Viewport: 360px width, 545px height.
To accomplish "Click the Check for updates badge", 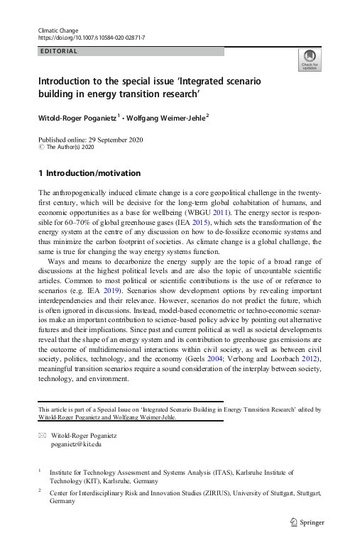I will tap(310, 60).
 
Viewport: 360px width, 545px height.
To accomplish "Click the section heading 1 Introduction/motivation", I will tap(89, 173).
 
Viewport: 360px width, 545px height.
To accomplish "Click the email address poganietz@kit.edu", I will tap(76, 444).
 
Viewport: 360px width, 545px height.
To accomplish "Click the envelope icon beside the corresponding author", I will tap(41, 435).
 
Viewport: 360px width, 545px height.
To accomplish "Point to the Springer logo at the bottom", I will tap(308, 522).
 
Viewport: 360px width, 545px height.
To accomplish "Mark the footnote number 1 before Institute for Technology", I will tap(40, 470).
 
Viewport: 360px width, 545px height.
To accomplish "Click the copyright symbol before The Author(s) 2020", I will tap(41, 148).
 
